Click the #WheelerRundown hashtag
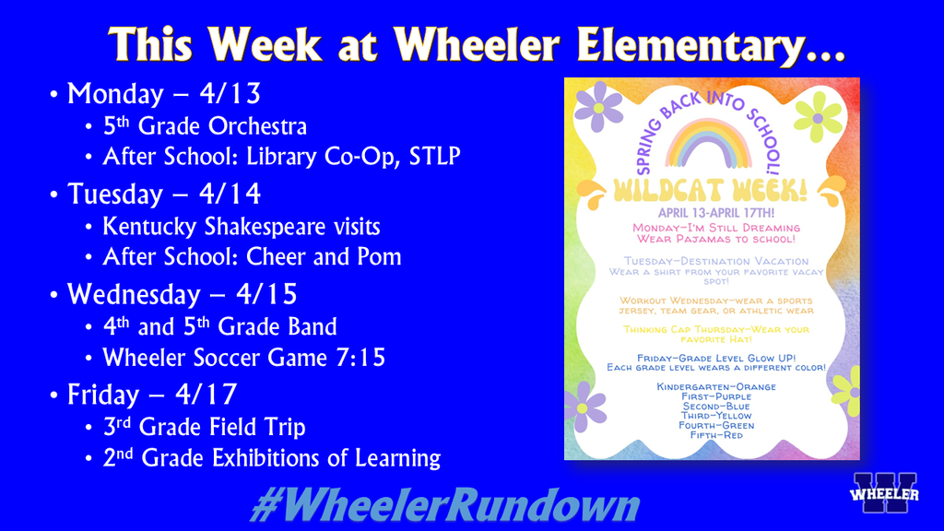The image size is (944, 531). (444, 506)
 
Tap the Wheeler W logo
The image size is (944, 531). (884, 493)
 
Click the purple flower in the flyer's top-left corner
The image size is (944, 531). (598, 107)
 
